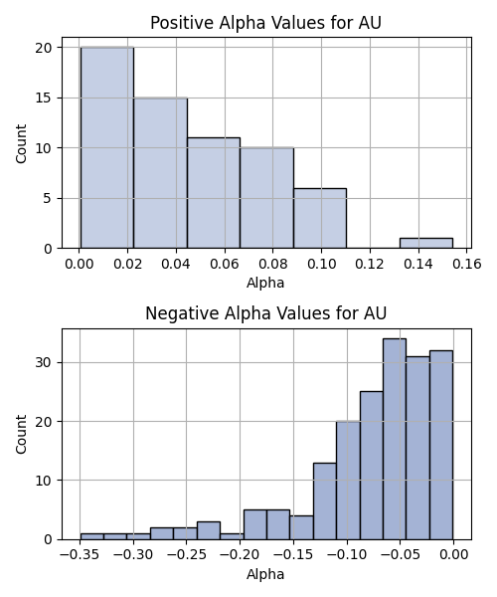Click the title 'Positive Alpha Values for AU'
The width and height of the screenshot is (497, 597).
pyautogui.click(x=265, y=23)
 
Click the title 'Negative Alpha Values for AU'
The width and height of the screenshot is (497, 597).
pyautogui.click(x=265, y=313)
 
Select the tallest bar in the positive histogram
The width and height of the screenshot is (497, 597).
pyautogui.click(x=107, y=147)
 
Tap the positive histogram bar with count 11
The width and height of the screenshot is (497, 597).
pyautogui.click(x=214, y=193)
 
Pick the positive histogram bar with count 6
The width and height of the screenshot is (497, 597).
pyautogui.click(x=320, y=219)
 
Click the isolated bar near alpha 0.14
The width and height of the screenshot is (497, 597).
pyautogui.click(x=426, y=244)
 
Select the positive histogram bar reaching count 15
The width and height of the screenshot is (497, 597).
pyautogui.click(x=160, y=173)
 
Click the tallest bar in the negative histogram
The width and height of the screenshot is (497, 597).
pyautogui.click(x=395, y=439)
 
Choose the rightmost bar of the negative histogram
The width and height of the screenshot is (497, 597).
pyautogui.click(x=441, y=445)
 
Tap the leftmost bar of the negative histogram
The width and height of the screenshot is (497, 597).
pyautogui.click(x=92, y=536)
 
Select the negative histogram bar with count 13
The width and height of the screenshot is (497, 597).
pyautogui.click(x=325, y=501)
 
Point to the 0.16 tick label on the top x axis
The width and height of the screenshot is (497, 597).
pyautogui.click(x=466, y=264)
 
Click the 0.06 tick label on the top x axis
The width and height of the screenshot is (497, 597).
pyautogui.click(x=225, y=264)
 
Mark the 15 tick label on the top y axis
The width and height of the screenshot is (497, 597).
pyautogui.click(x=43, y=98)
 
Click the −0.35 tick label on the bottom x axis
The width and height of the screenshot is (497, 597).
pyautogui.click(x=80, y=555)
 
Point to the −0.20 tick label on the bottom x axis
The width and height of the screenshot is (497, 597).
pyautogui.click(x=240, y=555)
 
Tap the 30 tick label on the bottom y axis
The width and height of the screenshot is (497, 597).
pyautogui.click(x=43, y=362)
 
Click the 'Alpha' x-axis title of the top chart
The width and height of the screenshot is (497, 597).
pyautogui.click(x=265, y=283)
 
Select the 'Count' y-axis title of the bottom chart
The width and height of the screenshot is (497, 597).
pyautogui.click(x=21, y=434)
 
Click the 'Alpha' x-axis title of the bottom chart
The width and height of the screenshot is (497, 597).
pyautogui.click(x=265, y=574)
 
